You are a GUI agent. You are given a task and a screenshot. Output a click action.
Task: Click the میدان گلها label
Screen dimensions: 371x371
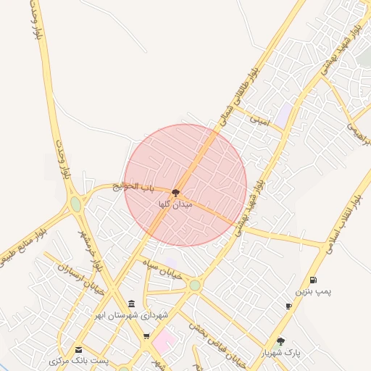[175, 205]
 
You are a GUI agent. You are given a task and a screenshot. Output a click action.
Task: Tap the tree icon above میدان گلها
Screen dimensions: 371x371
[175, 193]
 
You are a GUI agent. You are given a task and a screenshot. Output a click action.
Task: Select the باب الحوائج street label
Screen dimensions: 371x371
[134, 187]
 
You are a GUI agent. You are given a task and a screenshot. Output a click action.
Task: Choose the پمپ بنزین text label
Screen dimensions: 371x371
[312, 291]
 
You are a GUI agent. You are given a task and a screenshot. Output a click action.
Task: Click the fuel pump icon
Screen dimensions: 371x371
[312, 280]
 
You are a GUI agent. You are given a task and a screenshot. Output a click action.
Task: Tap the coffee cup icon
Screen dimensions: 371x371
[288, 307]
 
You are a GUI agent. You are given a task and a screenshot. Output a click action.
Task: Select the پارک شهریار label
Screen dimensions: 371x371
[281, 353]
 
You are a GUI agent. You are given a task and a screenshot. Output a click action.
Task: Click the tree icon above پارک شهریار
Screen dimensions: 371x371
[281, 341]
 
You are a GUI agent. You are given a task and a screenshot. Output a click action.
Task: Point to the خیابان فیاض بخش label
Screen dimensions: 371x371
[218, 341]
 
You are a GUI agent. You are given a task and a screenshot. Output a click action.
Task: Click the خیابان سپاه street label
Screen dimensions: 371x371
[168, 269]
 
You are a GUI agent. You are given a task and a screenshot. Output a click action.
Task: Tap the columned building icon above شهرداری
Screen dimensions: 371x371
[130, 304]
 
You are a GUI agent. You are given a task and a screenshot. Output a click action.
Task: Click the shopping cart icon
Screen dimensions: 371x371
[146, 336]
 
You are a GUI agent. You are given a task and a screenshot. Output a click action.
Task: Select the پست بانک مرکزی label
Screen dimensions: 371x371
[79, 360]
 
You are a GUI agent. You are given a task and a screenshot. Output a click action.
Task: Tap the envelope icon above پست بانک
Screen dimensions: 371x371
[78, 349]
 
